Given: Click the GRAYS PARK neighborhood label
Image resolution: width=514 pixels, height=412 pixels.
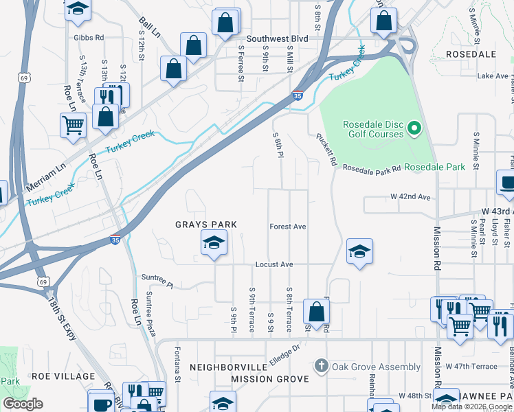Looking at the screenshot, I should click(x=205, y=225).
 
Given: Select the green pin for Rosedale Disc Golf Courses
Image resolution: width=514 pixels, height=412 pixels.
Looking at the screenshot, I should click(x=414, y=128).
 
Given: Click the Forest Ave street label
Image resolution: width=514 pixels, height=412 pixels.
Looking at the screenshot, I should click(x=287, y=227).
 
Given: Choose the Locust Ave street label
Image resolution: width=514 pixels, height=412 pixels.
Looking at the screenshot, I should click(x=274, y=264).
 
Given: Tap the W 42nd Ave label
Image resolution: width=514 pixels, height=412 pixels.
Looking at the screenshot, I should click(x=410, y=197).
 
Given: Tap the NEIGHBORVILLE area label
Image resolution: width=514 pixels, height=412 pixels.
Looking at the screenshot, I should click(x=227, y=367).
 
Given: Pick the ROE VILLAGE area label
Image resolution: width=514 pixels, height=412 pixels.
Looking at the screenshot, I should click(x=63, y=376).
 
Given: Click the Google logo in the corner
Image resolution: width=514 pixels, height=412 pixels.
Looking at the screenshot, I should click(x=23, y=403).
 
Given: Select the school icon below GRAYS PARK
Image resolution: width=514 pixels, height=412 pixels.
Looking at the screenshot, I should click(x=214, y=244).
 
